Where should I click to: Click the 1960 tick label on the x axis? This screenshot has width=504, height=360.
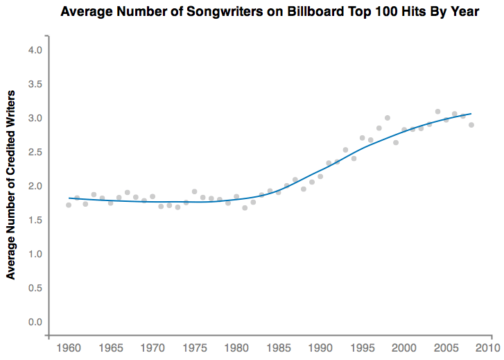pyautogui.click(x=68, y=348)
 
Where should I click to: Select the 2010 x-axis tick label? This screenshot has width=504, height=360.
pyautogui.click(x=488, y=348)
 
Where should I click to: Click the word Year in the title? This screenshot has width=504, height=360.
pyautogui.click(x=463, y=12)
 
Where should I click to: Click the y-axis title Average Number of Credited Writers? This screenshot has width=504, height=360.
pyautogui.click(x=11, y=187)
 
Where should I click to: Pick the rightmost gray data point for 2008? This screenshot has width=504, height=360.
pyautogui.click(x=471, y=125)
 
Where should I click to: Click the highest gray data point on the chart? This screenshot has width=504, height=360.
pyautogui.click(x=437, y=112)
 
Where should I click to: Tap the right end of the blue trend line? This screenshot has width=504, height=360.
pyautogui.click(x=471, y=113)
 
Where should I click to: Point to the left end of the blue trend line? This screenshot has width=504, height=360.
pyautogui.click(x=69, y=198)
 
